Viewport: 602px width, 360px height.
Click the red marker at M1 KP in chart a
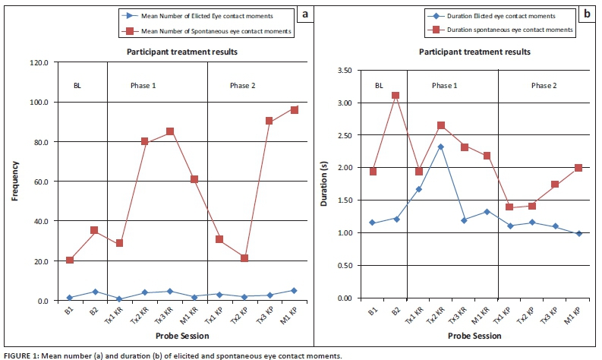(294, 110)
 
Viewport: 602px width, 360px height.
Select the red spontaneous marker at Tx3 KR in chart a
(169, 131)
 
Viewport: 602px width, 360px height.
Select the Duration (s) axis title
(318, 183)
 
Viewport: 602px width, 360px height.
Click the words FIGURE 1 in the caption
(20, 355)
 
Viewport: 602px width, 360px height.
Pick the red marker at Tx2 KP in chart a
(244, 258)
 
